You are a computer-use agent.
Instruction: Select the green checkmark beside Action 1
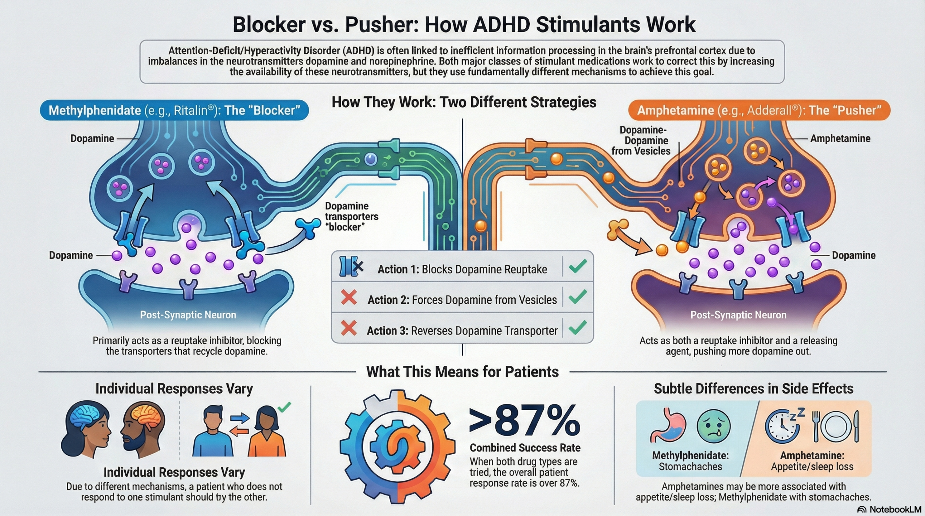tap(577, 266)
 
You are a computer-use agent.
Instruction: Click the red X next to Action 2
tap(349, 298)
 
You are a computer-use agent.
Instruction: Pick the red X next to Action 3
tap(349, 329)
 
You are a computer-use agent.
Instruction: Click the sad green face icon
tap(713, 426)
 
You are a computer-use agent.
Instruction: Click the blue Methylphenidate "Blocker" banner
tap(174, 110)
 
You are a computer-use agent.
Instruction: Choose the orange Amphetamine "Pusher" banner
tap(759, 110)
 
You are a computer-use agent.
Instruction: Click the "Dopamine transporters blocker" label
tap(351, 216)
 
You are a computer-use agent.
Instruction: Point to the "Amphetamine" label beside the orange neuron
tap(840, 138)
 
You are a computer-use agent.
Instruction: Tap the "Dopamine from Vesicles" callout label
tap(641, 140)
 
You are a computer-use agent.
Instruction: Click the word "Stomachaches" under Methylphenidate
tap(690, 467)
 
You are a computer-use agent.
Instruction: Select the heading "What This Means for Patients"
tap(462, 372)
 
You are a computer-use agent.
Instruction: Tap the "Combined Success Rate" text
tap(525, 448)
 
